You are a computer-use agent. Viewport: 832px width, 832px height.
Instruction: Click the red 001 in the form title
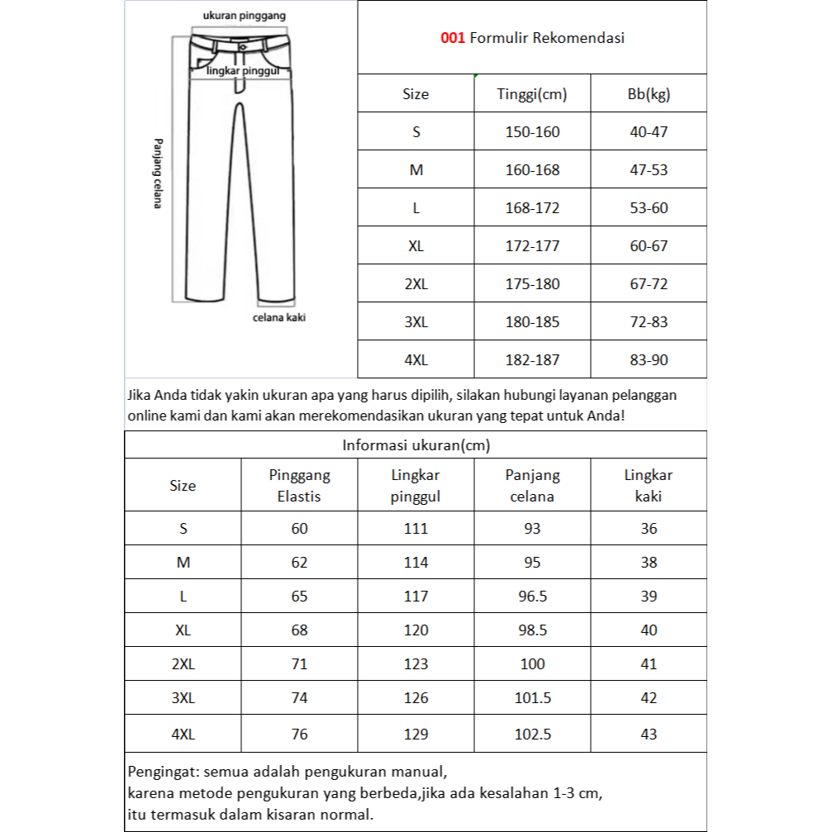[453, 37]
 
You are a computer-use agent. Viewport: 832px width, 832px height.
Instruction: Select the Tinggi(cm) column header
[532, 94]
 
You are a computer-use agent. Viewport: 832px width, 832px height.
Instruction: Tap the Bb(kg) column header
[649, 94]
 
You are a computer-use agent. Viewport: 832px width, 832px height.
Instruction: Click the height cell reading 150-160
[532, 132]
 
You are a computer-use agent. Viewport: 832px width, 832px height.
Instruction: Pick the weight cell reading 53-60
[649, 208]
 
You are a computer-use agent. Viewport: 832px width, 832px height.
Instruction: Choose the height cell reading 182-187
[532, 360]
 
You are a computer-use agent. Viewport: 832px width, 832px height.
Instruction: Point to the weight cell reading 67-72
[649, 284]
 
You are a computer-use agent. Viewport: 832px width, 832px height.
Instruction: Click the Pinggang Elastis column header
[299, 486]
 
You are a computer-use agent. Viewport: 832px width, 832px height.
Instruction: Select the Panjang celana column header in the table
[532, 486]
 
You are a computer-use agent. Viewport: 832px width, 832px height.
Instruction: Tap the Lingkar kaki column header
[649, 486]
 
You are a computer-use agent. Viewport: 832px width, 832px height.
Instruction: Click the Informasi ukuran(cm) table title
[416, 445]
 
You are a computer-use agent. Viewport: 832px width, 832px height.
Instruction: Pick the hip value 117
[416, 597]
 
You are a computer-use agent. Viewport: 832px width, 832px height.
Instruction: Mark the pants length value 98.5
[532, 630]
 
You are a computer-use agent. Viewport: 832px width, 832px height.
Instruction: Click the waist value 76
[299, 735]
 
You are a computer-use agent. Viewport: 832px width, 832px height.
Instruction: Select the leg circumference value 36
[649, 529]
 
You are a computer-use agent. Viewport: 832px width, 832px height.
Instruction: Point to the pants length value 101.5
[532, 698]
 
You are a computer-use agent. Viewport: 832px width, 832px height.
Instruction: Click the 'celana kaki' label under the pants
[278, 317]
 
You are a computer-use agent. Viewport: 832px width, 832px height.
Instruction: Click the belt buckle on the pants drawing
[242, 47]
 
